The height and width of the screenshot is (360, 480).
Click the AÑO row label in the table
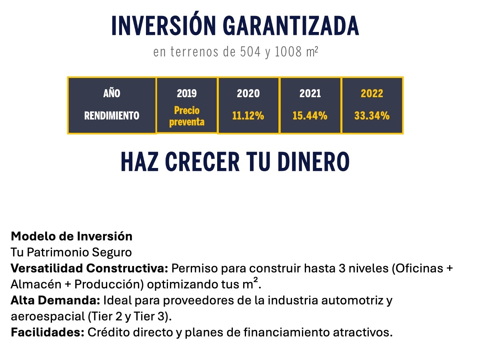click(112, 94)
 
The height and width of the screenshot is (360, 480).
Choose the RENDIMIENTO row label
click(112, 116)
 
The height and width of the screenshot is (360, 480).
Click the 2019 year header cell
click(187, 94)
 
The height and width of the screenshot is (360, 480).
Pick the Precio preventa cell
click(187, 116)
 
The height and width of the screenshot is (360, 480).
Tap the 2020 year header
click(248, 94)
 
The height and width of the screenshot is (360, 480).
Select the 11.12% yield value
click(248, 116)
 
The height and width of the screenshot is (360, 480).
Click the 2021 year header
click(310, 94)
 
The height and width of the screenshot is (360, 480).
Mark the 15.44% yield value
click(310, 116)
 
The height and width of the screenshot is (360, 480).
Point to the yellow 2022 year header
click(372, 94)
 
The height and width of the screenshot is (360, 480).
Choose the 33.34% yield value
click(372, 116)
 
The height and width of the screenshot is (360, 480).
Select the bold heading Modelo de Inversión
click(72, 236)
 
